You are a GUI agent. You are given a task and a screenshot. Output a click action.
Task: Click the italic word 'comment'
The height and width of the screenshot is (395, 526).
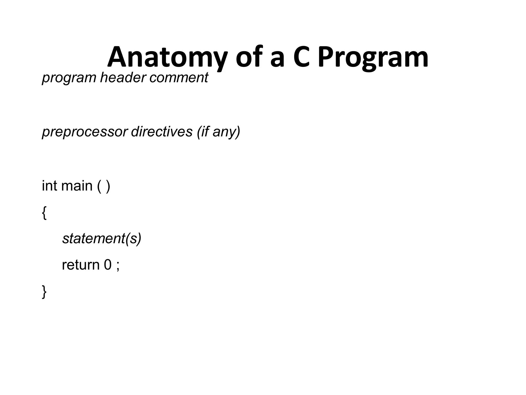pos(179,77)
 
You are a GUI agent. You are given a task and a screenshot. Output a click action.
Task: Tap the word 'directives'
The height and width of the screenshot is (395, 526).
pos(162,131)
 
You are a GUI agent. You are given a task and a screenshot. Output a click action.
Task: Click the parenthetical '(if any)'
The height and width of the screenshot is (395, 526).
pos(219,132)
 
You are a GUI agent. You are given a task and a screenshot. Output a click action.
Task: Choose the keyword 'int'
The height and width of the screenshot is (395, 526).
pos(49,186)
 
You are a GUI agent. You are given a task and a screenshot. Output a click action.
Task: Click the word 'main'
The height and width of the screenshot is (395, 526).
pos(77,186)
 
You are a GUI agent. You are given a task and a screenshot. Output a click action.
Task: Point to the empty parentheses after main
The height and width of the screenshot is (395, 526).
pos(104,186)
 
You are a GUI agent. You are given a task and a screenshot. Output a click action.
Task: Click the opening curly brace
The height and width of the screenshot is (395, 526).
pos(44,213)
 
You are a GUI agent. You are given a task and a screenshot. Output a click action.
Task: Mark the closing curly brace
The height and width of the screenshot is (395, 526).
pos(44,292)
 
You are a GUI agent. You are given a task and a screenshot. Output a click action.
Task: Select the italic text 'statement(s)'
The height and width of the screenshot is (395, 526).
pos(102,239)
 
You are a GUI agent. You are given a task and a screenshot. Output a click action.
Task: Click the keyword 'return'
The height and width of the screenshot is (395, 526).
pos(81,265)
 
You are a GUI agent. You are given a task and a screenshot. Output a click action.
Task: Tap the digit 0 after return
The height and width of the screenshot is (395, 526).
pos(108,265)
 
